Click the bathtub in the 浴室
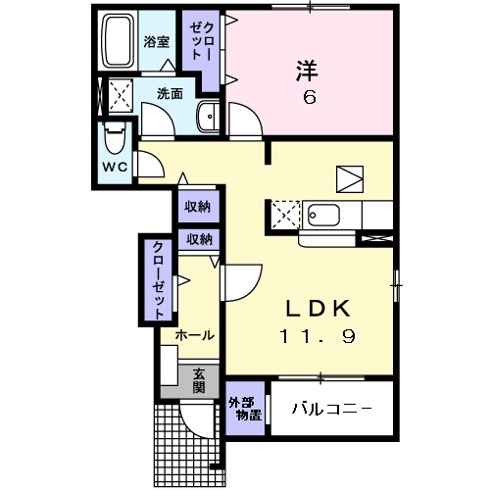(119, 40)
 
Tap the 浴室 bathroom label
(156, 42)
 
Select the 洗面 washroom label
(171, 95)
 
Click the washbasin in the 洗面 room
(209, 117)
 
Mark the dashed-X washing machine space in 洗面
(122, 96)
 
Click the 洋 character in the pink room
(306, 71)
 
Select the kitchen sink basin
(322, 215)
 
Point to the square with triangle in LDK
(349, 178)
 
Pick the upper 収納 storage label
(199, 207)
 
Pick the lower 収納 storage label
(199, 239)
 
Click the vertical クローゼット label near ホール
(157, 280)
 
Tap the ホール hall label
(195, 335)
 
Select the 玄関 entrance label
(199, 379)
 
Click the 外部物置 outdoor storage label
(245, 409)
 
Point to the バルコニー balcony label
(330, 409)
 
